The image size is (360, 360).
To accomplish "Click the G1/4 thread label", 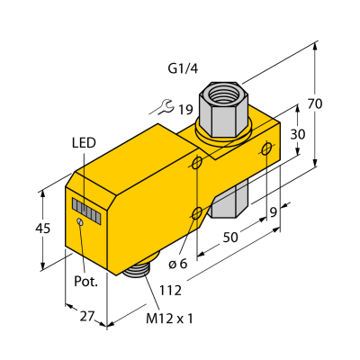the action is coord(183,69).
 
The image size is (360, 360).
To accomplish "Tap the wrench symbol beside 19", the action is coord(165,108).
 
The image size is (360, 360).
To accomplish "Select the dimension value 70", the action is coord(315,103).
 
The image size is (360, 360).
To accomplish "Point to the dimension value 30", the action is coord(298,134).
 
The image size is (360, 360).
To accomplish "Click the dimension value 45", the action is coord(43,229).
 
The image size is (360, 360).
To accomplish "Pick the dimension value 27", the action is coord(87,316).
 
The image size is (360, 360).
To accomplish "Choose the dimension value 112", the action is coord(170,291).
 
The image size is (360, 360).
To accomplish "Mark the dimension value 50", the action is coord(230,238).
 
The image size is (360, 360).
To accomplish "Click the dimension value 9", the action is coord(274,212).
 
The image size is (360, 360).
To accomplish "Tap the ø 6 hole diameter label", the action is coord(178,264).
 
